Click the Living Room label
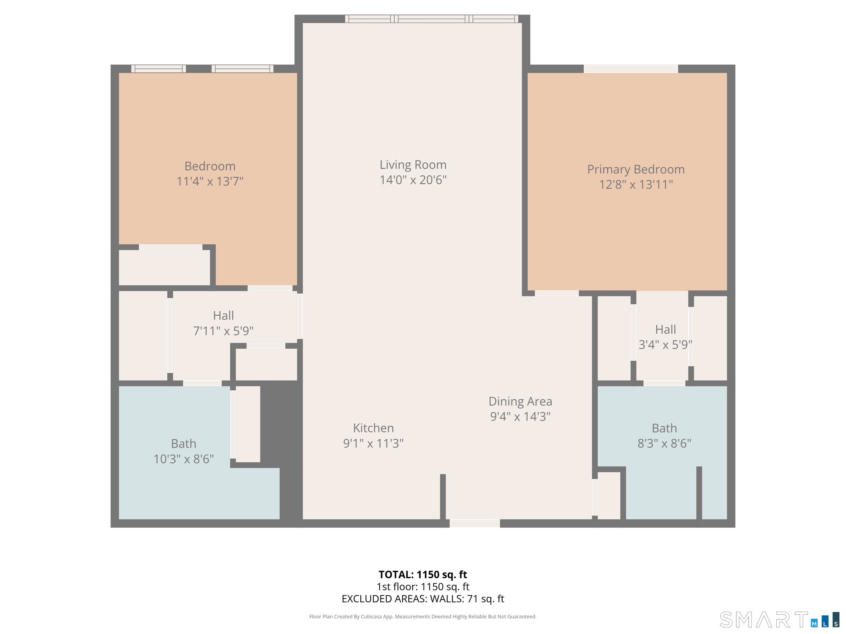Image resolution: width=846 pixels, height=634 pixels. pyautogui.click(x=413, y=165)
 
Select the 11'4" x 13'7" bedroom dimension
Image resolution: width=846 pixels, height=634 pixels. pyautogui.click(x=210, y=181)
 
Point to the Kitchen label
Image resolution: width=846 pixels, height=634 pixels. pyautogui.click(x=373, y=428)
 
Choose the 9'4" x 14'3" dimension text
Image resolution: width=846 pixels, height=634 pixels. pyautogui.click(x=520, y=416)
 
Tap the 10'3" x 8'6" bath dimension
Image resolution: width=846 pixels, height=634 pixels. pyautogui.click(x=184, y=459)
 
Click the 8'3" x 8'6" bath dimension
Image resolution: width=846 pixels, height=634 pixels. pyautogui.click(x=664, y=443)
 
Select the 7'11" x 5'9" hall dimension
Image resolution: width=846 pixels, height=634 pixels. pyautogui.click(x=223, y=330)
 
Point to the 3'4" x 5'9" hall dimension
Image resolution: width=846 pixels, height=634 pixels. pyautogui.click(x=665, y=345)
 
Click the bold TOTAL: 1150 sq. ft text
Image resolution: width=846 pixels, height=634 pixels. pyautogui.click(x=423, y=574)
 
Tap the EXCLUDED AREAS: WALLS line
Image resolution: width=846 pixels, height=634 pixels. pyautogui.click(x=423, y=599)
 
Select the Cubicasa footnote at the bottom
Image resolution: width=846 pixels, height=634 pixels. pyautogui.click(x=423, y=616)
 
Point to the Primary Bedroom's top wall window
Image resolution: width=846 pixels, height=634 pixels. pyautogui.click(x=631, y=69)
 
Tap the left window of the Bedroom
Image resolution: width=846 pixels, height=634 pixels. pyautogui.click(x=159, y=69)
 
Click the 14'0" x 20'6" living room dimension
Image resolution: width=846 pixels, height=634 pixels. pyautogui.click(x=413, y=180)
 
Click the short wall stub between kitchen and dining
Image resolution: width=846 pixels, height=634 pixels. pyautogui.click(x=443, y=497)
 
